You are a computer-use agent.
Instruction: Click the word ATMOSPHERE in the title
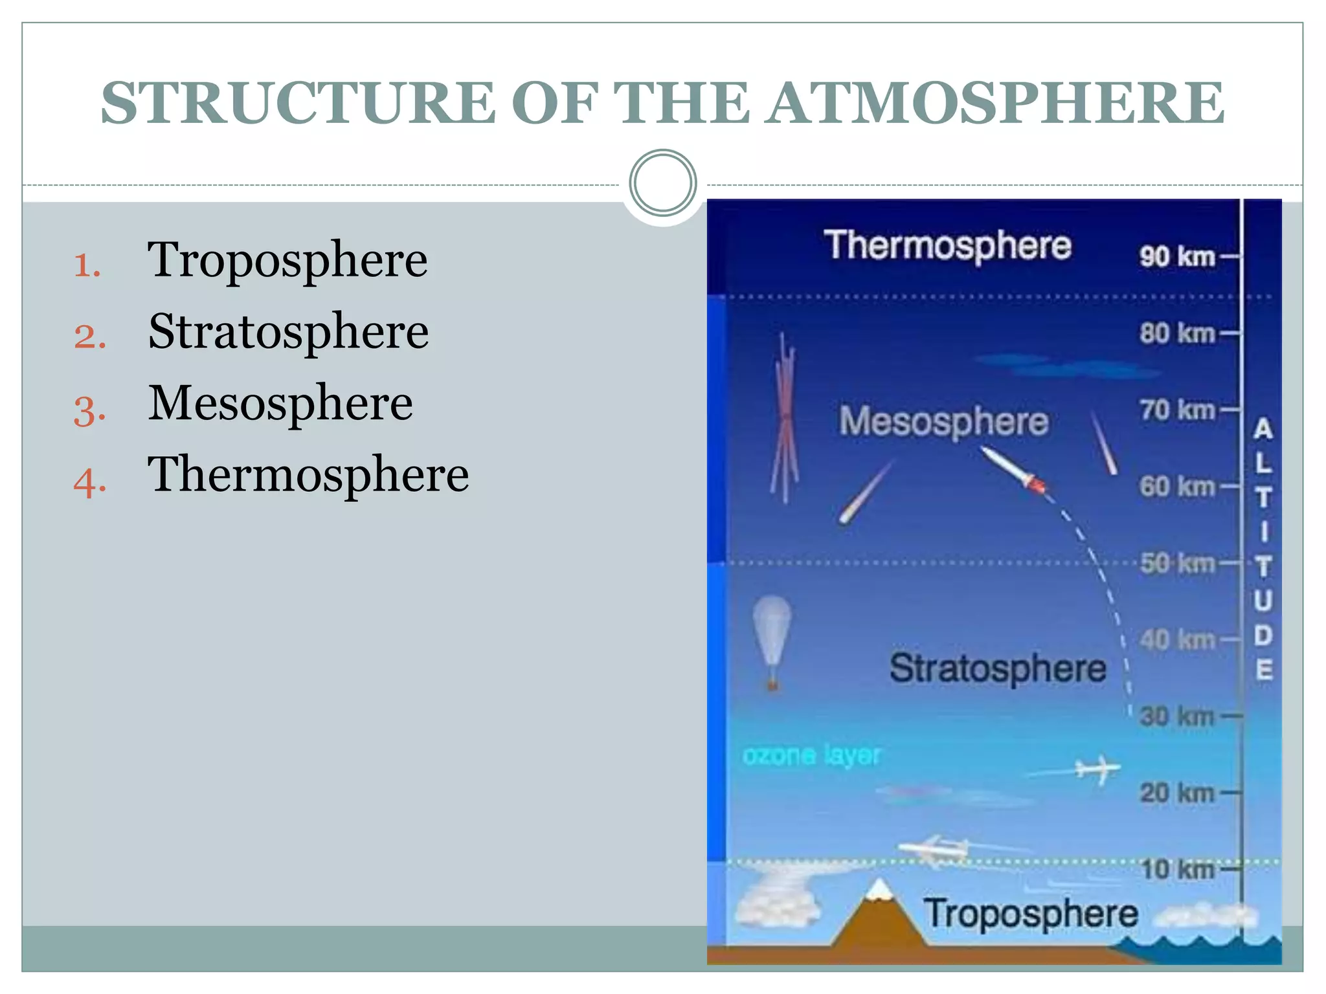(x=996, y=104)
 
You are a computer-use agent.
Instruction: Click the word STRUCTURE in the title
(x=298, y=104)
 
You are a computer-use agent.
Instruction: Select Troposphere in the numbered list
(x=287, y=260)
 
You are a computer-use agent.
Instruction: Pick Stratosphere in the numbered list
(x=288, y=332)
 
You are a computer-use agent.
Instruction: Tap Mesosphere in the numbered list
(x=280, y=403)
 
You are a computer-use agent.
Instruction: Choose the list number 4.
(x=89, y=483)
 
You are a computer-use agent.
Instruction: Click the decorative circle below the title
(x=662, y=182)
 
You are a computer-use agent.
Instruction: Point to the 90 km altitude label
(x=1178, y=257)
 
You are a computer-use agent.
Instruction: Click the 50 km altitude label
(x=1178, y=564)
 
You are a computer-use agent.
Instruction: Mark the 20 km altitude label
(x=1178, y=793)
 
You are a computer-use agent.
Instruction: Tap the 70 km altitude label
(x=1178, y=410)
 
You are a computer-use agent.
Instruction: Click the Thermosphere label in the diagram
(x=947, y=245)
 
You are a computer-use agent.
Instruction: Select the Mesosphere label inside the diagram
(x=943, y=421)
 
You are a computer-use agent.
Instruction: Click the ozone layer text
(x=811, y=755)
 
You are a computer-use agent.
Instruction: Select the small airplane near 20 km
(x=1096, y=769)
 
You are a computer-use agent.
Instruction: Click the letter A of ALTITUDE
(x=1263, y=429)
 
